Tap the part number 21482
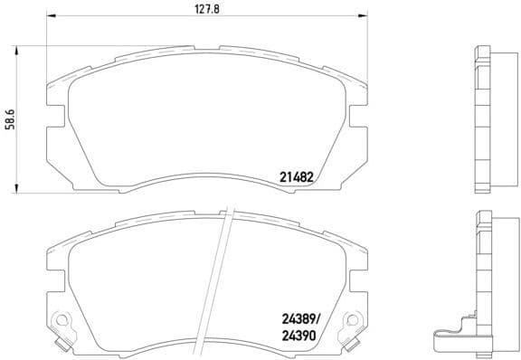[295, 178]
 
